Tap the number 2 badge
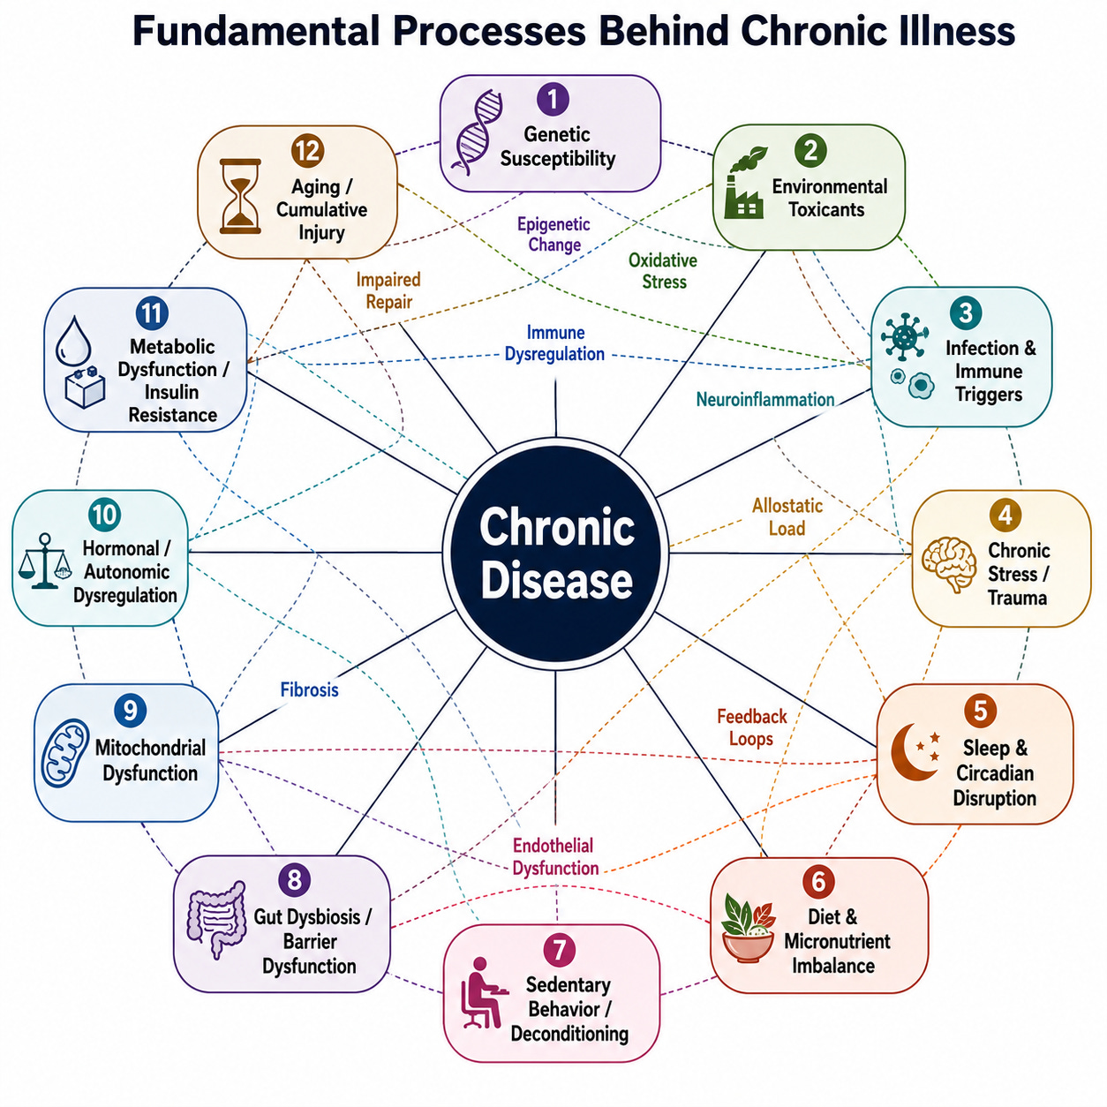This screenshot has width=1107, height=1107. (x=810, y=150)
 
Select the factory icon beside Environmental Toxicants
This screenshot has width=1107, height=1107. (x=745, y=183)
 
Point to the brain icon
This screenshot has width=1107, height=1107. (x=949, y=563)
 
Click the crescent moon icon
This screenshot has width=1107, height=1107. (x=915, y=751)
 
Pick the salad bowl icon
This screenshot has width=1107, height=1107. (x=748, y=927)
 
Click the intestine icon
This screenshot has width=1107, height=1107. (x=216, y=920)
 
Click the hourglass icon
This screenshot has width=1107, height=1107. (x=240, y=197)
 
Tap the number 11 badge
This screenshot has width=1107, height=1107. (x=152, y=313)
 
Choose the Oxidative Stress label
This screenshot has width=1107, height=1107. (x=663, y=271)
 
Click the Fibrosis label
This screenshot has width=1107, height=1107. (x=309, y=689)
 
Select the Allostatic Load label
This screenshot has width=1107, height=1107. (x=787, y=517)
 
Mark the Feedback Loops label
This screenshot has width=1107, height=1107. (x=752, y=727)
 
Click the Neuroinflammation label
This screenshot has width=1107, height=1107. (x=765, y=399)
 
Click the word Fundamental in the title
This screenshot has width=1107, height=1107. (x=256, y=31)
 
